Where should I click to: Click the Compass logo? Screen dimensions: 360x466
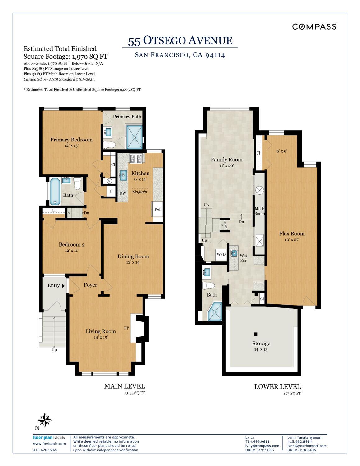click(314, 27)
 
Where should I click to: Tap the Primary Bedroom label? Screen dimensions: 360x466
click(71, 140)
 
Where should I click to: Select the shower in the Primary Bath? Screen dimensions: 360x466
click(134, 137)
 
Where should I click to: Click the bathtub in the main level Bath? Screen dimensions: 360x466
click(55, 192)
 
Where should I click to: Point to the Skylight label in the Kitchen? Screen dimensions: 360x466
click(140, 192)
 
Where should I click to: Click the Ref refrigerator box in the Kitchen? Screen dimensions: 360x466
click(157, 209)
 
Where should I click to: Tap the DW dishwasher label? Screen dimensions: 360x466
click(123, 193)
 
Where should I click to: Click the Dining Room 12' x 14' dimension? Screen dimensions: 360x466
click(133, 262)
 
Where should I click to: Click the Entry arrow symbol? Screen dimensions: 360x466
click(63, 286)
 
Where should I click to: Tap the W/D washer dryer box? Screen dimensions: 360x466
click(221, 255)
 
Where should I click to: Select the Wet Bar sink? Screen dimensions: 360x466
click(234, 253)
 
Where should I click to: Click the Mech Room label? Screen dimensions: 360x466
click(259, 211)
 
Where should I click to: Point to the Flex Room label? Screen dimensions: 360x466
click(292, 233)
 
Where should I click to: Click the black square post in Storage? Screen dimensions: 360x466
click(256, 334)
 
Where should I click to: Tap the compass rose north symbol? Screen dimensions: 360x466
click(44, 420)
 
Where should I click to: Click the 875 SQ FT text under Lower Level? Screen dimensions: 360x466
click(292, 394)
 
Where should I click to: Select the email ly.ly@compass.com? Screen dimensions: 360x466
click(262, 446)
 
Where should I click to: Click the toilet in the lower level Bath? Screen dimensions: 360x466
click(208, 285)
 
